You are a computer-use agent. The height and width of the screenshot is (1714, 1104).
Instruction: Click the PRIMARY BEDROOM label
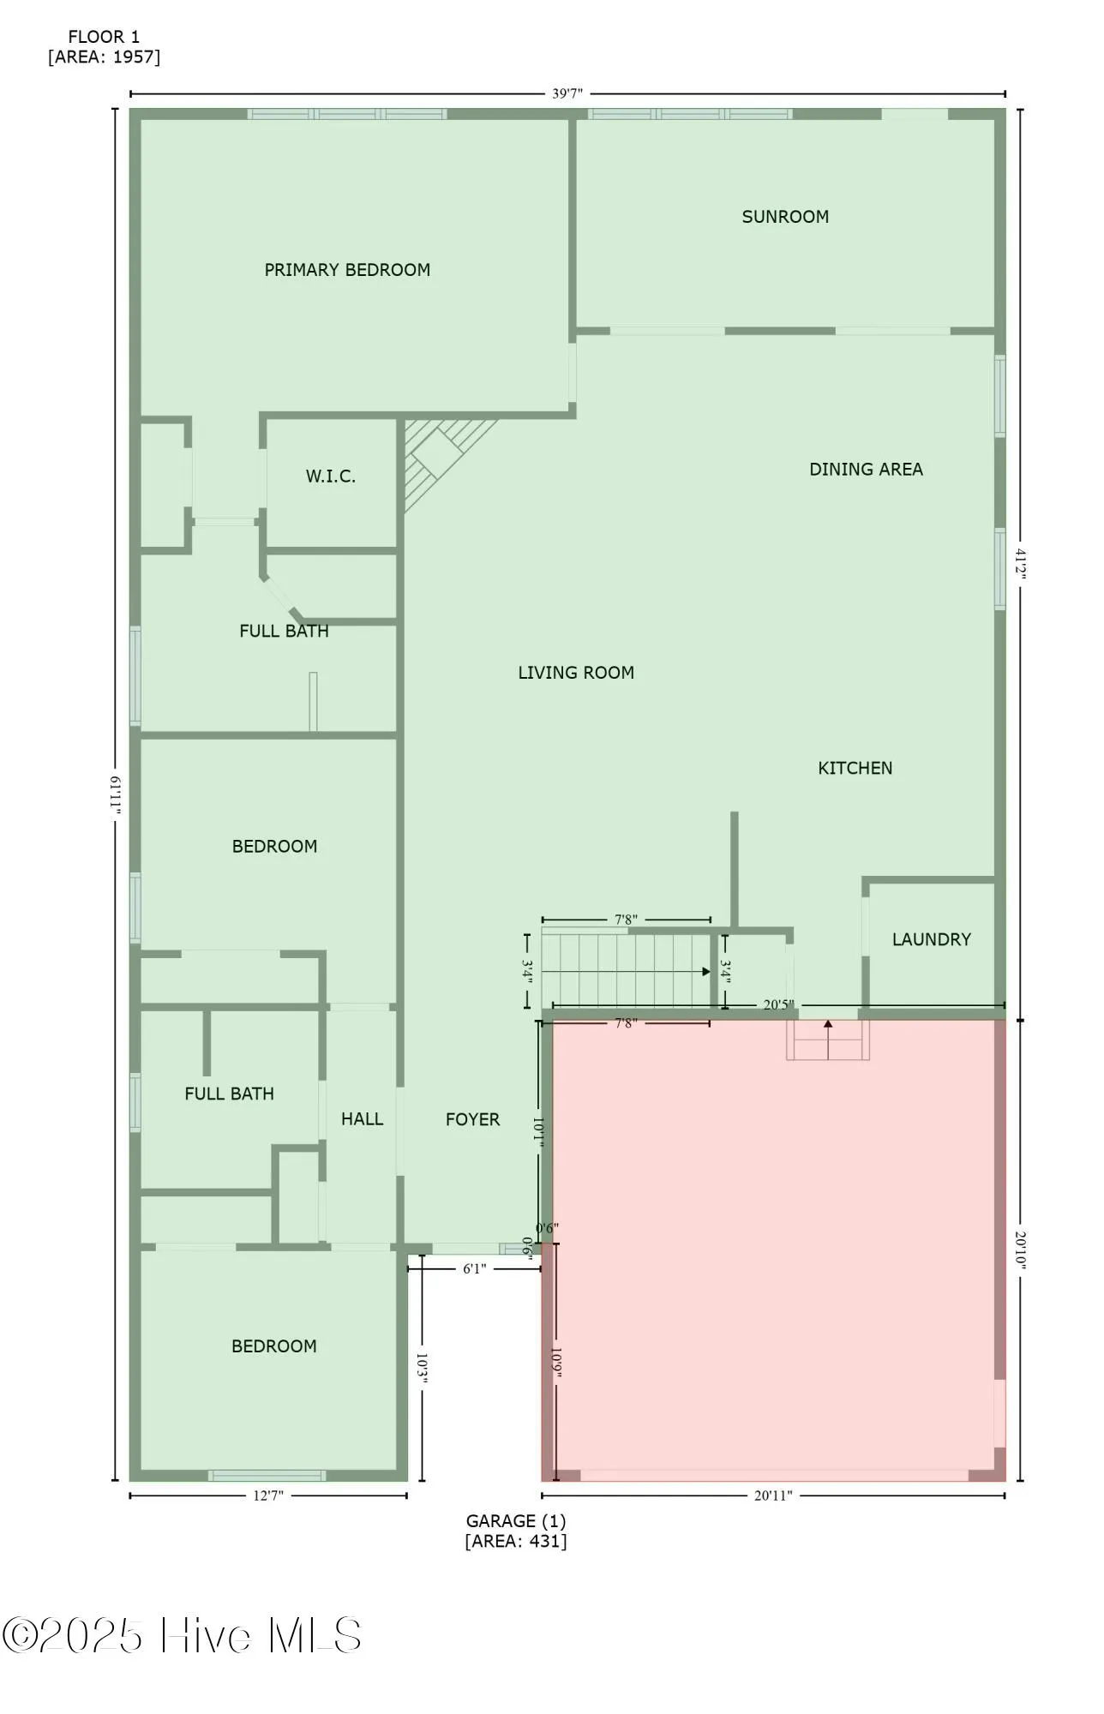tap(347, 270)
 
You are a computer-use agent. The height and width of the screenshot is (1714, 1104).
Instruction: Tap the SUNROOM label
tap(785, 217)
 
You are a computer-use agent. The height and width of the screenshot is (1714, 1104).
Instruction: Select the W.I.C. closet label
tap(331, 476)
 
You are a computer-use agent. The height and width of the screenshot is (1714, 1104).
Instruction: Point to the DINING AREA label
tap(866, 470)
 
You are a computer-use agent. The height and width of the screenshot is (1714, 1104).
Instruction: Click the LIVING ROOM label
tap(576, 673)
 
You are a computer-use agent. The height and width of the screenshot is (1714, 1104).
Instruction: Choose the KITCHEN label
tap(855, 768)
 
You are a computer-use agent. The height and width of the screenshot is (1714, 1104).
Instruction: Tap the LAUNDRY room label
tap(931, 939)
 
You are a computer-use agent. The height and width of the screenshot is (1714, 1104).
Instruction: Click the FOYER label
tap(472, 1119)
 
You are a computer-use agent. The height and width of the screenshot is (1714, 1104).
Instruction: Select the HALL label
tap(362, 1118)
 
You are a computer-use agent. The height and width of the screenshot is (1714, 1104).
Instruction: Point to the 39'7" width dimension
tap(567, 93)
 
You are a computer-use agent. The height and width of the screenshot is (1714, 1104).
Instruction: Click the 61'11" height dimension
tap(115, 796)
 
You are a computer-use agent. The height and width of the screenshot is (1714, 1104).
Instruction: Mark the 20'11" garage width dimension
tap(772, 1495)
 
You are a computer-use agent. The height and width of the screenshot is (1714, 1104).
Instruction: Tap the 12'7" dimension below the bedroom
tap(267, 1495)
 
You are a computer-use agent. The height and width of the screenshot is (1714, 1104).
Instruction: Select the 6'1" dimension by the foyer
tap(474, 1268)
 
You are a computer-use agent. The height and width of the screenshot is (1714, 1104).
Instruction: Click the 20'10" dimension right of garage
tap(1020, 1250)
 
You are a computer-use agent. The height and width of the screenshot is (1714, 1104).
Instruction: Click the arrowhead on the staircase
tap(705, 972)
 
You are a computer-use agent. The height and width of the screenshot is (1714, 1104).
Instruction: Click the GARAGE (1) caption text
tap(515, 1521)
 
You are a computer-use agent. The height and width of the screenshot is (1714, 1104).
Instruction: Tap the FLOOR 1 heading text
tap(104, 37)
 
